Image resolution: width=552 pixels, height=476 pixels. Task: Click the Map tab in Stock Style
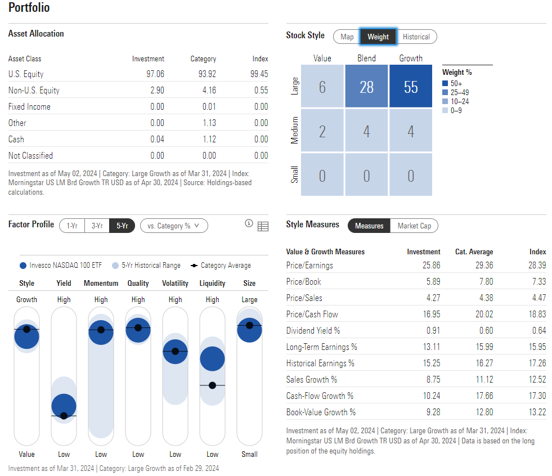pos(347,37)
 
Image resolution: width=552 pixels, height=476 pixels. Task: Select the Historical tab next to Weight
pos(416,37)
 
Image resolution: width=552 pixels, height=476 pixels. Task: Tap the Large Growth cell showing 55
pos(410,87)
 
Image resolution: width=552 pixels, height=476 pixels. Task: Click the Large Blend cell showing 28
pos(366,87)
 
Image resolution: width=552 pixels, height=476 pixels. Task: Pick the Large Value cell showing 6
pos(322,87)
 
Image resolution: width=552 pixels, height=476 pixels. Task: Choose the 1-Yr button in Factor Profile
pos(72,226)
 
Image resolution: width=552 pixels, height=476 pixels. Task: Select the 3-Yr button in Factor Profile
pos(97,226)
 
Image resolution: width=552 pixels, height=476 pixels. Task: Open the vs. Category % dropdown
pos(174,226)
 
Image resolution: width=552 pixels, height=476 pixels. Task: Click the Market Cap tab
pos(414,226)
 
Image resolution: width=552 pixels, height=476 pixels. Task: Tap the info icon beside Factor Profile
pos(249,224)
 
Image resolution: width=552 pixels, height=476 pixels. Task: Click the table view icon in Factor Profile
pos(263,226)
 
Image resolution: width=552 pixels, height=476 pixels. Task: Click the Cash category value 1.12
pos(208,140)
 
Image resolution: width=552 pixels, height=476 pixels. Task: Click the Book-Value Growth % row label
pos(321,412)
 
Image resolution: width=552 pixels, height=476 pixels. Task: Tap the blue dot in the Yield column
pos(64,405)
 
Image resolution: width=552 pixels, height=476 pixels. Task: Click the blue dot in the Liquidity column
pos(212,358)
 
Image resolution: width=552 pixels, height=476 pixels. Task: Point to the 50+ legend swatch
pos(445,84)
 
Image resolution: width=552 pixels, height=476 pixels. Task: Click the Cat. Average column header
pos(474,252)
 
